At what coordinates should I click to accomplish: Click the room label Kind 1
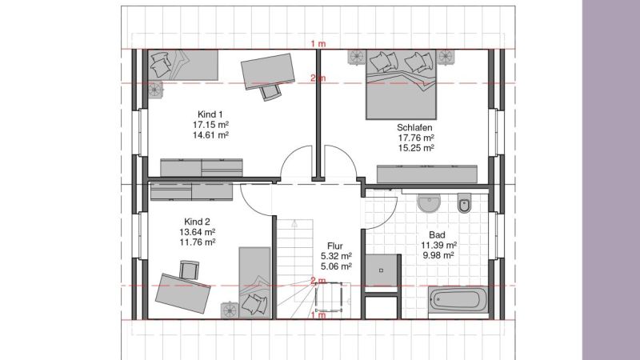point(210,114)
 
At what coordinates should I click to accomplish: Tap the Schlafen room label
point(414,127)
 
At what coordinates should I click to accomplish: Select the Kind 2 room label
point(197,222)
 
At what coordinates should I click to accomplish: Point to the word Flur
point(335,246)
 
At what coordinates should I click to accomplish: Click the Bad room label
point(437,234)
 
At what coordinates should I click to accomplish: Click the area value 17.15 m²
point(210,125)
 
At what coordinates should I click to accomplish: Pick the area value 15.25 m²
point(416,148)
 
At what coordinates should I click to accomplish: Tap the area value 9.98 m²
point(438,255)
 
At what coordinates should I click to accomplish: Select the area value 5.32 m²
point(336,256)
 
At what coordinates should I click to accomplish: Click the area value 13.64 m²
point(198,232)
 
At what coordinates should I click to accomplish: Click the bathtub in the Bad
point(458,300)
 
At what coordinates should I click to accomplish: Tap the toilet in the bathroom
point(465,203)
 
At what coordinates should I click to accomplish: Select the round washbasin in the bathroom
point(429,202)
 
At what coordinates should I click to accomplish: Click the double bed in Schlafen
point(401,85)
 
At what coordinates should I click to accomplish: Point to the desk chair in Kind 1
point(270,92)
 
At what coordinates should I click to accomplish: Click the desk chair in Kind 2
point(190,270)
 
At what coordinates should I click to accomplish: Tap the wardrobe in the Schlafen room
point(427,174)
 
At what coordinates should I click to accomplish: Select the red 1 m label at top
point(318,44)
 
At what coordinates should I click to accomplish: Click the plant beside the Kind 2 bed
point(230,310)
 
